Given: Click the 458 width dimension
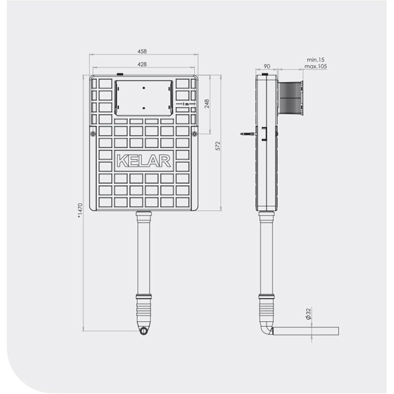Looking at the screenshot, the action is (142, 51).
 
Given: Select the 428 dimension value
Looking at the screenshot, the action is (142, 64).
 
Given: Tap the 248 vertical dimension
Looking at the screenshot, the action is (207, 104).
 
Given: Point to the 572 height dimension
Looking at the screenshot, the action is (218, 146).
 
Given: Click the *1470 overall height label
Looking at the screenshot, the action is (80, 210).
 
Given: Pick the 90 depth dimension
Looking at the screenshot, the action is (267, 66).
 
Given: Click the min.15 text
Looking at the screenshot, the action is (316, 60).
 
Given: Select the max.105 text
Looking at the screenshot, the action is (316, 67).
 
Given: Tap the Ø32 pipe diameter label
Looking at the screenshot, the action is (308, 313).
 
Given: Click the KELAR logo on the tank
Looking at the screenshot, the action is (144, 161).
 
